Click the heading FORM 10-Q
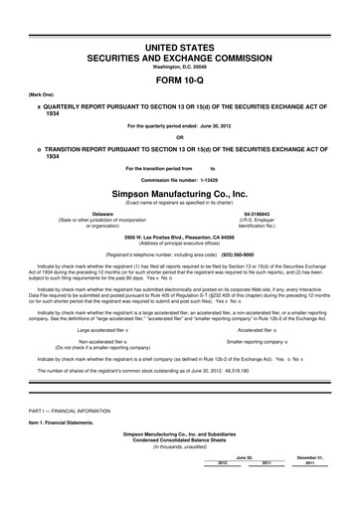(x=180, y=76)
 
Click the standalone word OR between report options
(x=180, y=137)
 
